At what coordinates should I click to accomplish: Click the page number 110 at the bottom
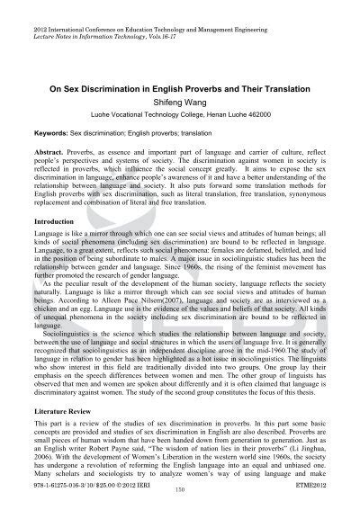coord(180,513)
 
